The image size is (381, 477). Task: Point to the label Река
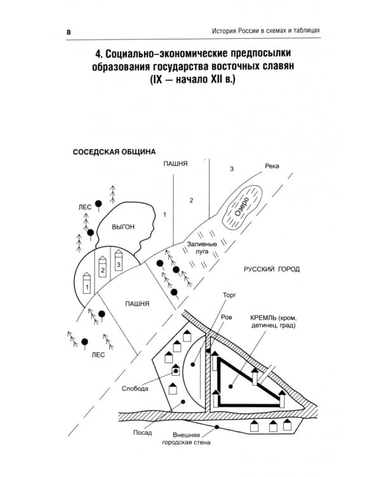[x=272, y=167]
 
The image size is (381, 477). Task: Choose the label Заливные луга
[x=203, y=247]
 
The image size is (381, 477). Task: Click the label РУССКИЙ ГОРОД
[x=272, y=270]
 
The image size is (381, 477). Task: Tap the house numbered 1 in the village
[x=87, y=287]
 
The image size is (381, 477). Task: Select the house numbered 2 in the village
[x=102, y=268]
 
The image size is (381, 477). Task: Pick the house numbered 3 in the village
[x=118, y=261]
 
